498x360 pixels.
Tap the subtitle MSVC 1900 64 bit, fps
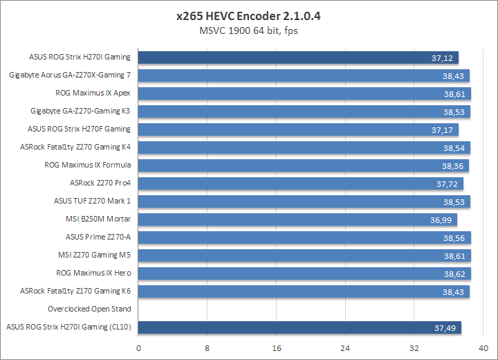tap(248, 30)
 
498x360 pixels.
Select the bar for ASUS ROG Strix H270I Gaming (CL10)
tap(300, 327)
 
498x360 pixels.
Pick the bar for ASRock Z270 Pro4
tap(301, 183)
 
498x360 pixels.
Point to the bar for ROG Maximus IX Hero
tap(305, 273)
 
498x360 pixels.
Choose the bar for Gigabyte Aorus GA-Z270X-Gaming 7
tap(304, 75)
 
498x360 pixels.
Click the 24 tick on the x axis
tap(345, 348)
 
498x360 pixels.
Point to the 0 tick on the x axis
tap(139, 348)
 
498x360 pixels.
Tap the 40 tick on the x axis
tap(482, 348)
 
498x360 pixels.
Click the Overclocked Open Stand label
tap(89, 309)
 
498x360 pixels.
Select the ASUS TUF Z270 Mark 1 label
tap(93, 201)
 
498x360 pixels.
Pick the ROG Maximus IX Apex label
tap(93, 93)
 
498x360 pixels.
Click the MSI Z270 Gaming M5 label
tap(98, 255)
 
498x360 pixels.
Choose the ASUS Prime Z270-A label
tap(98, 237)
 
